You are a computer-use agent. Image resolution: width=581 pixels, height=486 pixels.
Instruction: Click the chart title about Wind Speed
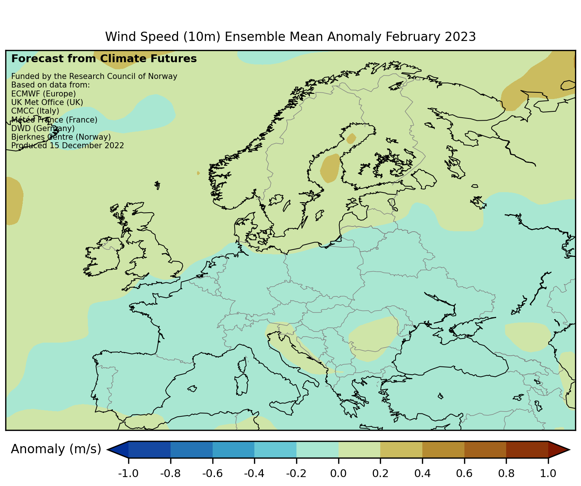(290, 37)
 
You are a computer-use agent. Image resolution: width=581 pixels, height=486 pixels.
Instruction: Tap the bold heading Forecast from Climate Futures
(104, 59)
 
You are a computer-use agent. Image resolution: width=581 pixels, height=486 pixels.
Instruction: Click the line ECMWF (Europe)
(44, 93)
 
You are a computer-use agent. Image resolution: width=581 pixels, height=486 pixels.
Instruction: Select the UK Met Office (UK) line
(47, 102)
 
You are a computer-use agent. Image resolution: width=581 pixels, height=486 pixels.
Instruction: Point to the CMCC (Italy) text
(35, 111)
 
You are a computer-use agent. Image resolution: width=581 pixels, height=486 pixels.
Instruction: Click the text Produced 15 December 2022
(67, 146)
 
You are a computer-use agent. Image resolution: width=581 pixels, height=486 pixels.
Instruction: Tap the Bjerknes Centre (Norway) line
(61, 137)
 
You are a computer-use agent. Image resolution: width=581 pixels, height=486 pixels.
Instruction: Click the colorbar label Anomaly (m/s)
(56, 449)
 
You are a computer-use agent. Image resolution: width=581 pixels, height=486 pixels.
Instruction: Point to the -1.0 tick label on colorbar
(128, 474)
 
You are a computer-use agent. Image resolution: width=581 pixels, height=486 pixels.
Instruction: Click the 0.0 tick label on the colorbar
(339, 474)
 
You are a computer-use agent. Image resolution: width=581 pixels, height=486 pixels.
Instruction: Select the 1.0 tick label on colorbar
(548, 474)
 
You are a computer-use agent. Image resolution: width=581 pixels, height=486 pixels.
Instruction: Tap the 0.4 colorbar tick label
(422, 474)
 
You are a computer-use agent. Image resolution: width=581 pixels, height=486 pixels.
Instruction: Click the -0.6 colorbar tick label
(212, 474)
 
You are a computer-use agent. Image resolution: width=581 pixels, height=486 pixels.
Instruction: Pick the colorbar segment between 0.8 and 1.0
(527, 450)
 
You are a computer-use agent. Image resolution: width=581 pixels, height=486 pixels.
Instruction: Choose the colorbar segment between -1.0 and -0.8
(150, 450)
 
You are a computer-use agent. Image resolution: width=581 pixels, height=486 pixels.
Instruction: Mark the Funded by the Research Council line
(94, 76)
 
